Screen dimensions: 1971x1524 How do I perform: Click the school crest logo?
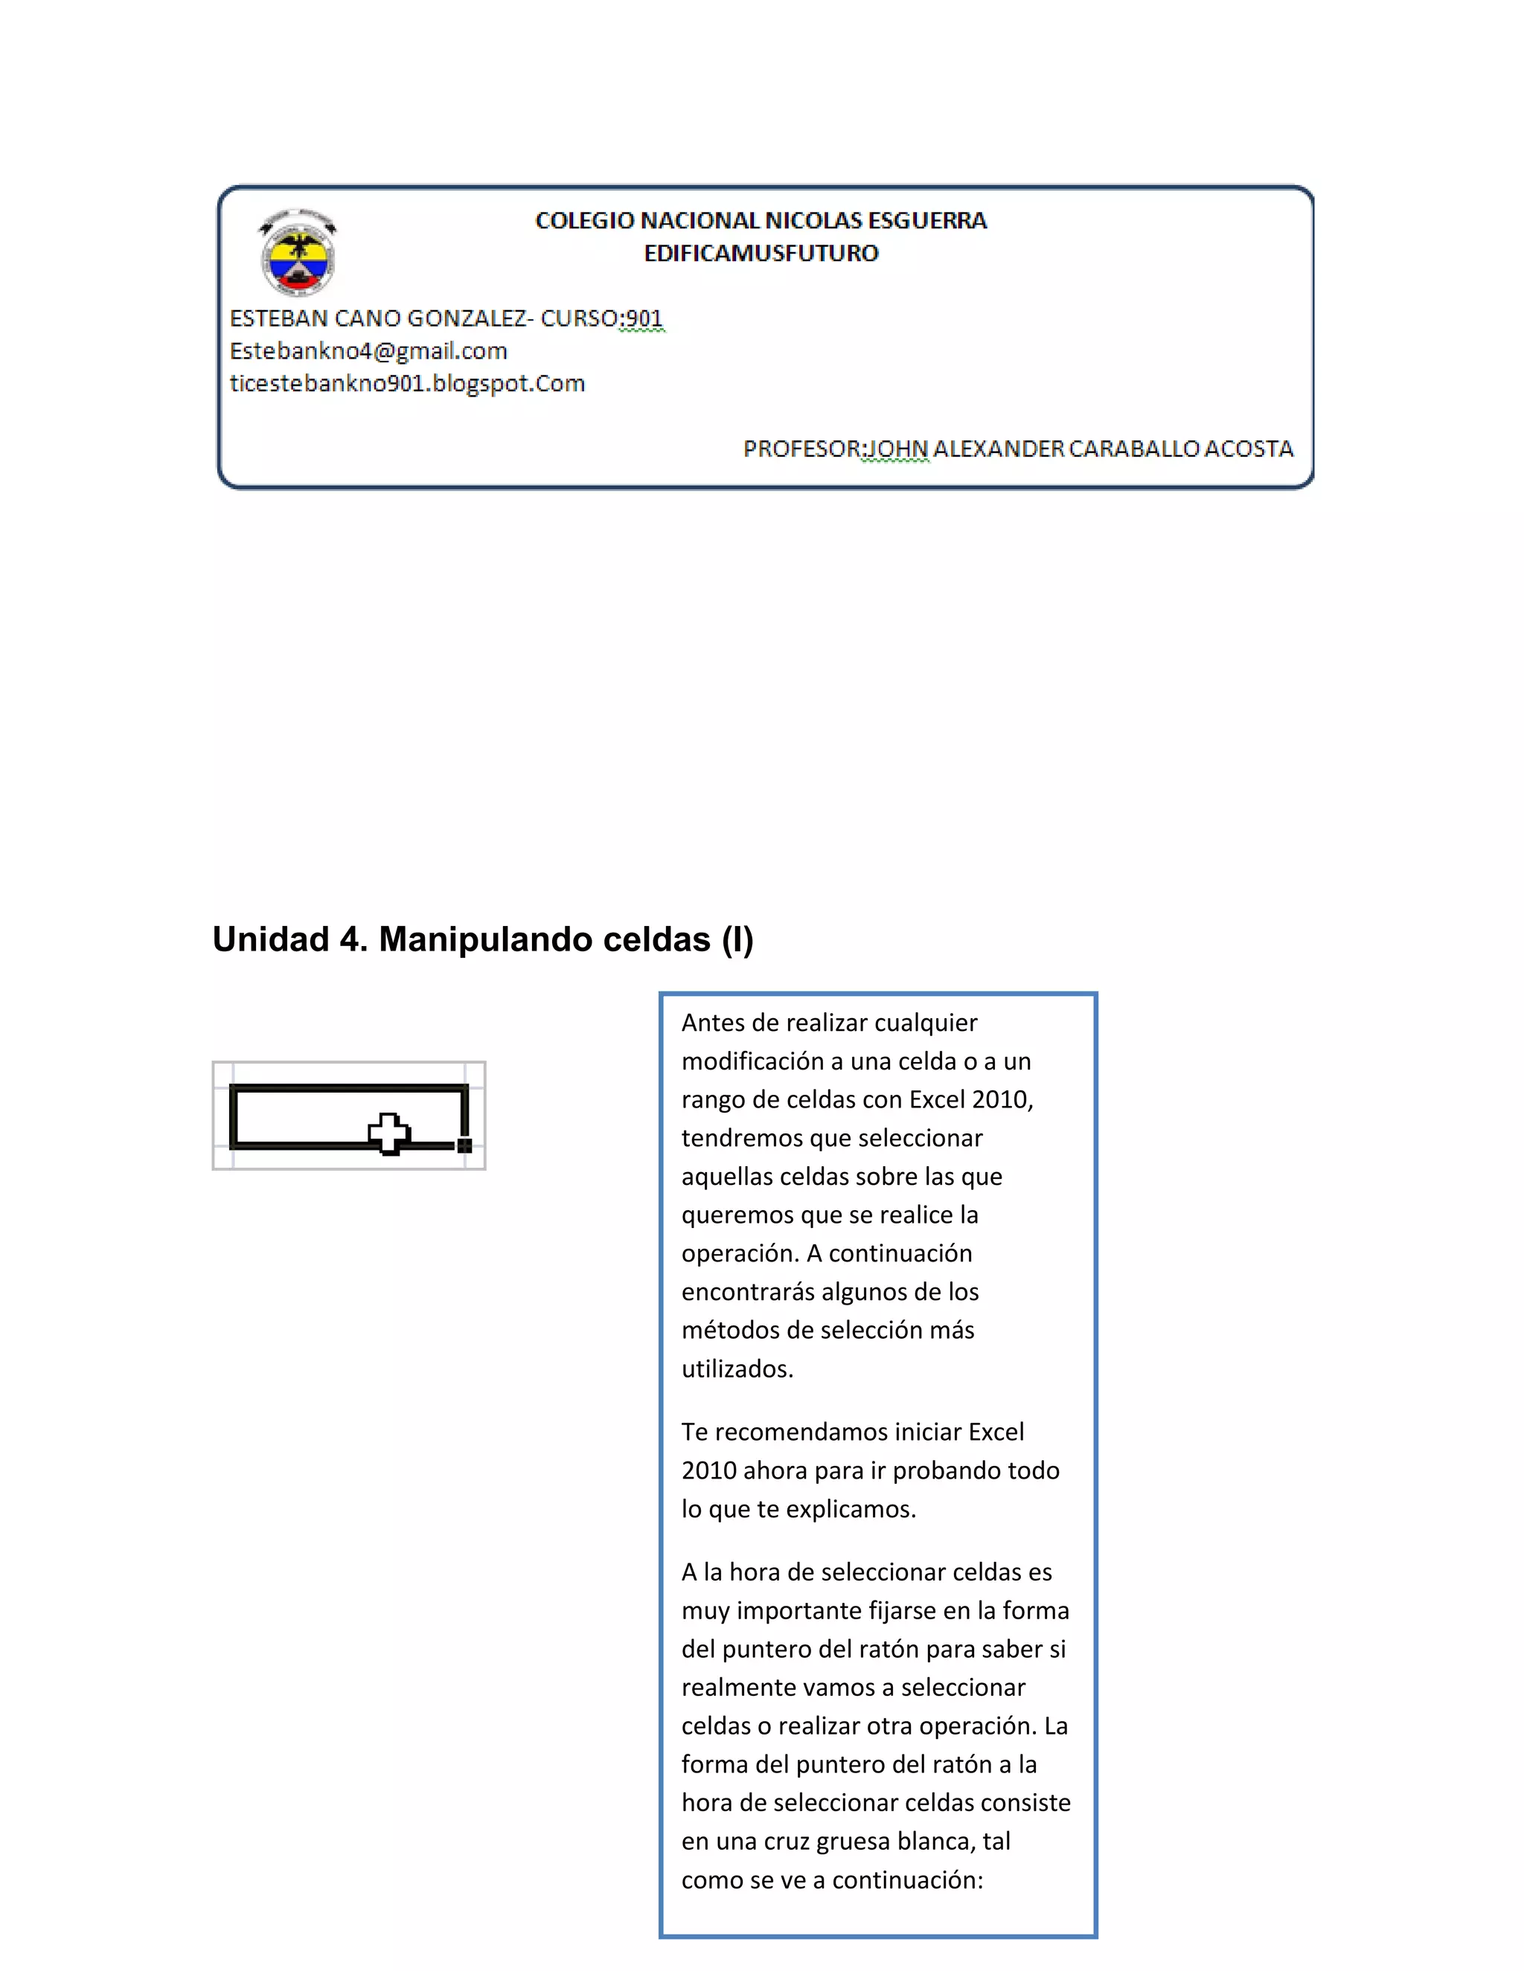(298, 253)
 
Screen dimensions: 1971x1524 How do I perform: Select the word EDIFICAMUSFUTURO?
(761, 253)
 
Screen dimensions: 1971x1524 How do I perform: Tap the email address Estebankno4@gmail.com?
(368, 351)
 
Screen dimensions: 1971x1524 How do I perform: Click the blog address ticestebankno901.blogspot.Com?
(407, 384)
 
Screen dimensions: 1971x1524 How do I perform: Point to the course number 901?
(644, 318)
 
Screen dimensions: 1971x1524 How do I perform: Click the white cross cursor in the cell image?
(389, 1134)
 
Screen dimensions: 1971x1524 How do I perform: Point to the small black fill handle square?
(465, 1145)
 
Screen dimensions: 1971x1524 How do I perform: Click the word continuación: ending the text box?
(906, 1880)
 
